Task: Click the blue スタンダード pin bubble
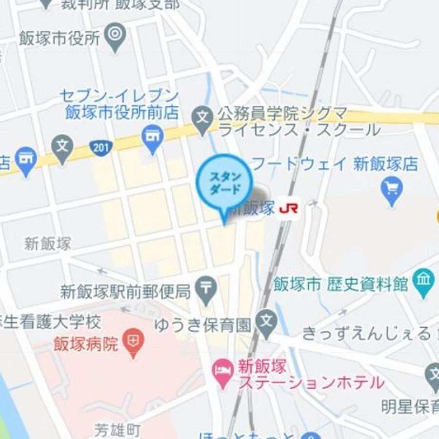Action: point(224,182)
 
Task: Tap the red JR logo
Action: point(289,209)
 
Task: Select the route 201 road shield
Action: point(101,146)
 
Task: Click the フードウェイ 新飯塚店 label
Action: point(334,163)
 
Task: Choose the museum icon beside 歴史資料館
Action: point(423,281)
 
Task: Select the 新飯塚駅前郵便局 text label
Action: point(125,292)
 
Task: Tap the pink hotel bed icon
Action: point(223,374)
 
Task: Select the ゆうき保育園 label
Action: point(203,324)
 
